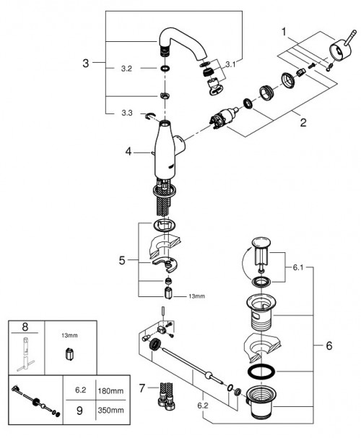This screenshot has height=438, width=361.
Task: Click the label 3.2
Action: click(x=126, y=69)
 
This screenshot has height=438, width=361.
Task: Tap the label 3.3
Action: click(x=126, y=112)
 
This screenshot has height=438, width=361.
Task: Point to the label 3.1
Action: click(x=230, y=65)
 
